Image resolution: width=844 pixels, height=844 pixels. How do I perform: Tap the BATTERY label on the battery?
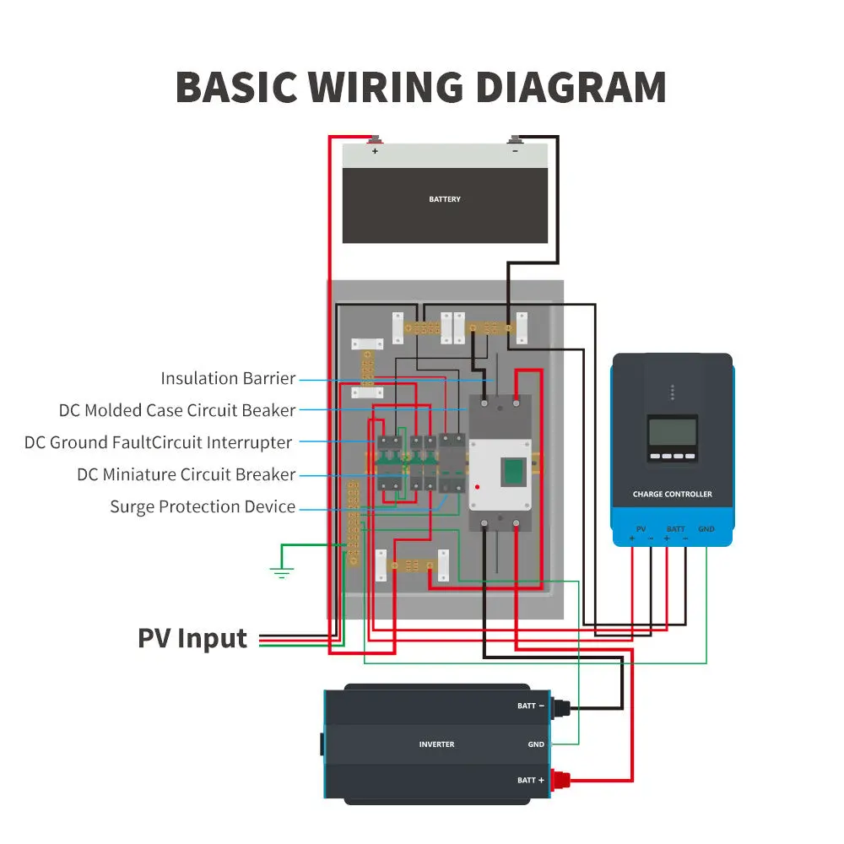click(x=445, y=199)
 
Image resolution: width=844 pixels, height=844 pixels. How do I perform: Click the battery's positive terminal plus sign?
click(x=375, y=152)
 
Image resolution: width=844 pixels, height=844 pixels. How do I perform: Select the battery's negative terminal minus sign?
click(x=515, y=152)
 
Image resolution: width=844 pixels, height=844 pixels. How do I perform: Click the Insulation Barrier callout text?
click(x=228, y=378)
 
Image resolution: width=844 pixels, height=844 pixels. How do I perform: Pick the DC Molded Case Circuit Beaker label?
click(x=177, y=410)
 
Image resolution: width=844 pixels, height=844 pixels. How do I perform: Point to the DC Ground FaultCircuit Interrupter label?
click(x=159, y=442)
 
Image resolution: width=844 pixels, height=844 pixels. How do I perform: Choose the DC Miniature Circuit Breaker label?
click(x=186, y=474)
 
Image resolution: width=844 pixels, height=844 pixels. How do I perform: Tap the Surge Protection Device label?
click(x=203, y=506)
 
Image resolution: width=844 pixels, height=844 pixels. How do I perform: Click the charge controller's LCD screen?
click(x=672, y=432)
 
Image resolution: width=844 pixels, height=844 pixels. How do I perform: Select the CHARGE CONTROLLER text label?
click(x=672, y=495)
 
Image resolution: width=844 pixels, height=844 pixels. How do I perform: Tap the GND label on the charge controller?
click(x=706, y=529)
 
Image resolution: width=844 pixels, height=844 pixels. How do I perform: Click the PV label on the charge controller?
click(x=641, y=529)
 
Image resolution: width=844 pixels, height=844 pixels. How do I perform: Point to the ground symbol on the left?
click(x=281, y=573)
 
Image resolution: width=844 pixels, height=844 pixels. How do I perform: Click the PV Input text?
click(x=192, y=638)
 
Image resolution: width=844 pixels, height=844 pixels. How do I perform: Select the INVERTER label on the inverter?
click(x=436, y=744)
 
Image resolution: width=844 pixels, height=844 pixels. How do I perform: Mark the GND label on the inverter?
click(x=536, y=744)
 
